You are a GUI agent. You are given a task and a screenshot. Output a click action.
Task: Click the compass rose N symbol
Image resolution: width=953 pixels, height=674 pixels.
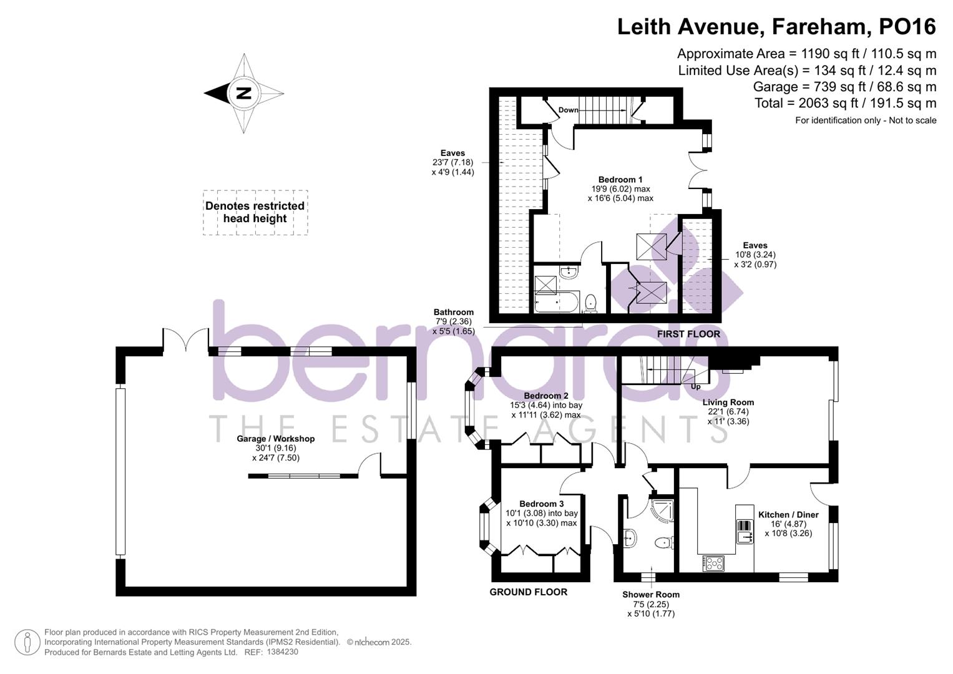pos(243,94)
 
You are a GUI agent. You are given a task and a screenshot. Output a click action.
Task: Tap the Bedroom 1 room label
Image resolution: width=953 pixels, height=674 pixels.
pos(620,180)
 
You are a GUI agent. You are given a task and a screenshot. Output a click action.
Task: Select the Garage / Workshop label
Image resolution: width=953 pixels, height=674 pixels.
pos(275,439)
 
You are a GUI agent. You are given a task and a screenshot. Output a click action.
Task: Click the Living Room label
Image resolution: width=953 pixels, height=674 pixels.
pos(728,403)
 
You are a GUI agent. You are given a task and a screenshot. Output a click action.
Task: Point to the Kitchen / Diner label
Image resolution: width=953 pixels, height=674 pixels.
pos(788,515)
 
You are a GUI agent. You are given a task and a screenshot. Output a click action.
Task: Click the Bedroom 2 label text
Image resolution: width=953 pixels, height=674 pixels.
pos(545,396)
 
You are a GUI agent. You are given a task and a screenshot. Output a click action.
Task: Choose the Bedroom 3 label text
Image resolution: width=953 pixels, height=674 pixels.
pos(541,504)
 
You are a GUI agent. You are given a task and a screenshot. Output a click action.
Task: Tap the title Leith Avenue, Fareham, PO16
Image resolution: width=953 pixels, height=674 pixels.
pos(776,27)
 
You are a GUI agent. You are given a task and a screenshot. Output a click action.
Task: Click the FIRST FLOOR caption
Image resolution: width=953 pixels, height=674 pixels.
pos(688,335)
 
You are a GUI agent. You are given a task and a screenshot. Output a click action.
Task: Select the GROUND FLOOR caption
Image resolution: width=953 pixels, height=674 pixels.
pos(528,592)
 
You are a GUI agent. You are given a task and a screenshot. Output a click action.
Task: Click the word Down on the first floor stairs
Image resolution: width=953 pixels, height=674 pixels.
pos(568,110)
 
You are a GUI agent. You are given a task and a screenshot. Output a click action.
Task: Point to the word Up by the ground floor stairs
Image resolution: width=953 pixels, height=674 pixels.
pos(695,387)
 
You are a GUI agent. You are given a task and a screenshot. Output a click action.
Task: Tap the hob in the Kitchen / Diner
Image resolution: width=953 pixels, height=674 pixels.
pos(713,563)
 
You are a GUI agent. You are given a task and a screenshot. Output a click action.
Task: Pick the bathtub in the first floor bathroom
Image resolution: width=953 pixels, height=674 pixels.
pos(557,304)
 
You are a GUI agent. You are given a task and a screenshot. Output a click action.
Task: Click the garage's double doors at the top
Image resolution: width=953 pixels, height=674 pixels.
pos(186,340)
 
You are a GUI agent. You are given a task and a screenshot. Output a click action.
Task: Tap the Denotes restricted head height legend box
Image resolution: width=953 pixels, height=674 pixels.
pos(255,213)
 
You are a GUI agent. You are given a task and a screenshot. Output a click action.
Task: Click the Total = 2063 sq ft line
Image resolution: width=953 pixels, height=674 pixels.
pos(845,104)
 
